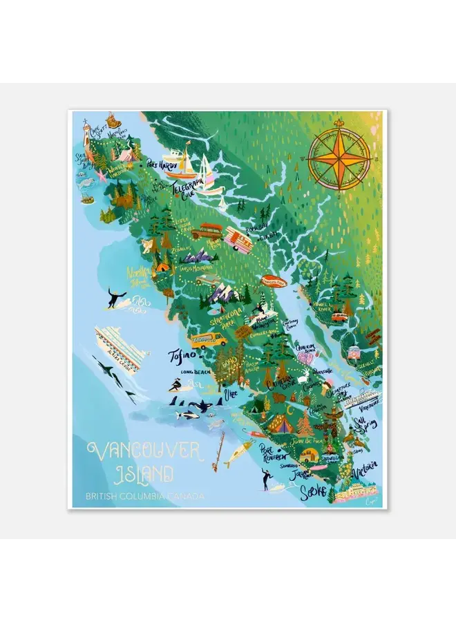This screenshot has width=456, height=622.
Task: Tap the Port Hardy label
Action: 161,166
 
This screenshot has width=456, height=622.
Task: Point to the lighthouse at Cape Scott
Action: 87,133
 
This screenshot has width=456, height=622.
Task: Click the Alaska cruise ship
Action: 122,348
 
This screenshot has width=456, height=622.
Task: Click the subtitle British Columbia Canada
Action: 145,496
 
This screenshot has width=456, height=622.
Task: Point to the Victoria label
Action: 365,472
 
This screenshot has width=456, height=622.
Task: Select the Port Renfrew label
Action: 274,451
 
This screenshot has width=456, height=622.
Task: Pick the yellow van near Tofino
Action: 209,339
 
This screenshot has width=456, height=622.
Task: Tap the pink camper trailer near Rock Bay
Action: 238,241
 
